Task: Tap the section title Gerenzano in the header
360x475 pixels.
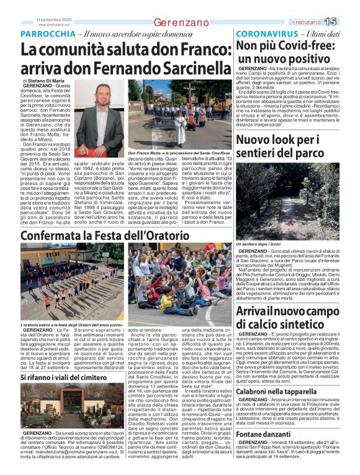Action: point(181,22)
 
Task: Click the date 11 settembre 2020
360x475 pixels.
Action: point(54,19)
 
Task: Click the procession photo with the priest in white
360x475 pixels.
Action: point(181,115)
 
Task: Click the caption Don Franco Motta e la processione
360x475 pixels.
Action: point(179,153)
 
